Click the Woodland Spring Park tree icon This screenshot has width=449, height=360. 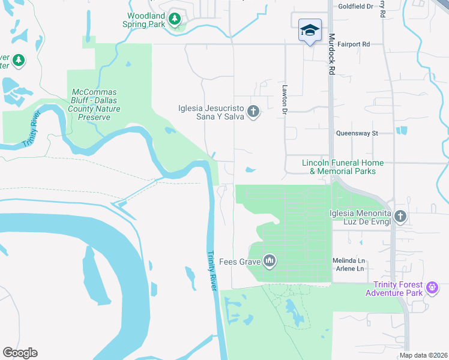(175, 19)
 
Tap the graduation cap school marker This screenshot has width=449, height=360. (310, 31)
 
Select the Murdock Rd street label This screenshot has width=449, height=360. (331, 53)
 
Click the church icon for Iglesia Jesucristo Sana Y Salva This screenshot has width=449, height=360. (253, 112)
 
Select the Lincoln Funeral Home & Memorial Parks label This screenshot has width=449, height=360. (342, 167)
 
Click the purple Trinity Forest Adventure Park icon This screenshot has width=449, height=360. (431, 289)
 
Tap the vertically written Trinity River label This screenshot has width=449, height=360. (211, 271)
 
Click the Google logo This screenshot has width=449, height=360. (20, 353)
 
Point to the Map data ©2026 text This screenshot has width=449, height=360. (423, 356)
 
